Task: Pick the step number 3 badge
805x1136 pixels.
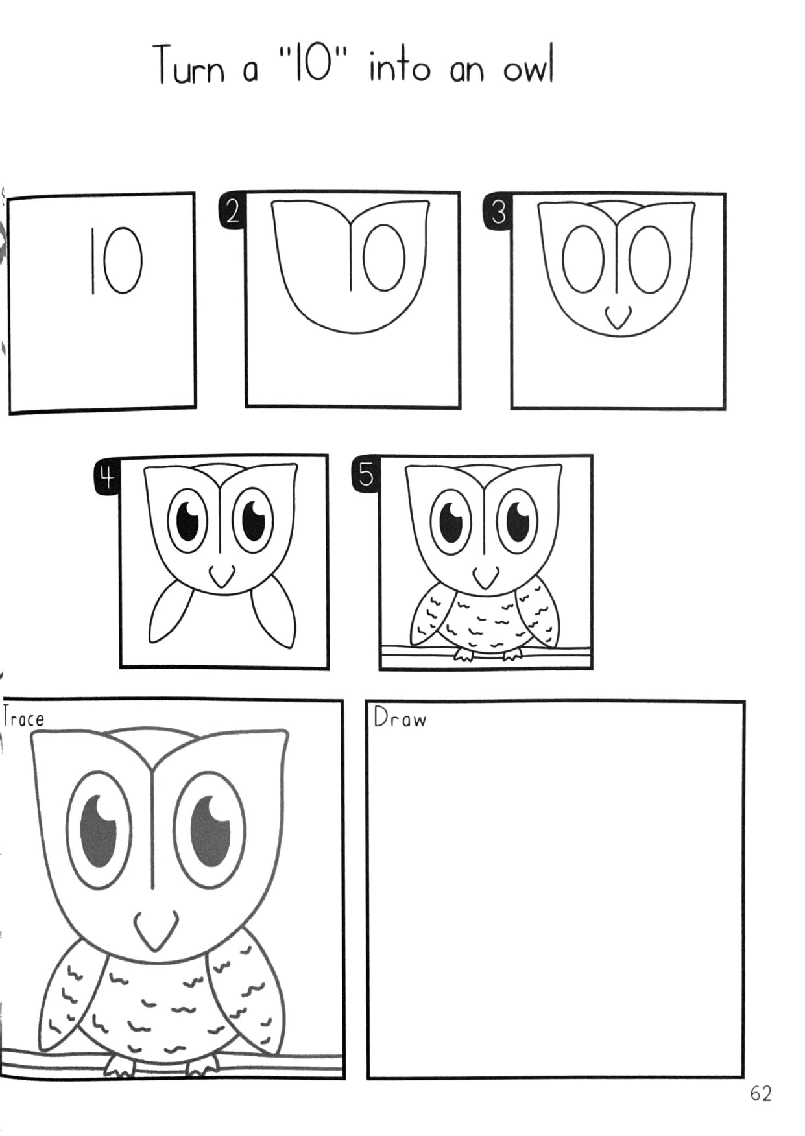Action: click(498, 211)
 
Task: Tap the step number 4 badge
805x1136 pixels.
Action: click(106, 478)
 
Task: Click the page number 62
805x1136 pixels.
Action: click(760, 1094)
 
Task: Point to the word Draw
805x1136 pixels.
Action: click(400, 718)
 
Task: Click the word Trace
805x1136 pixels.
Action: click(23, 718)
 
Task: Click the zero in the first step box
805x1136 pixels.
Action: click(123, 261)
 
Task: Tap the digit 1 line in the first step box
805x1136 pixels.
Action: click(93, 261)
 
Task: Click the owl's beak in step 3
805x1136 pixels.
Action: click(618, 318)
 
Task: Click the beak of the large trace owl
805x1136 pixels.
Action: click(156, 929)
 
